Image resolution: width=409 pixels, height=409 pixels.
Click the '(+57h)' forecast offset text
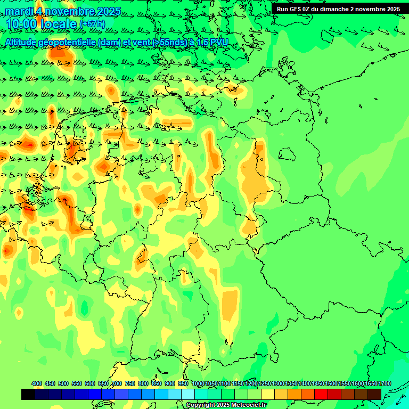tap(92, 24)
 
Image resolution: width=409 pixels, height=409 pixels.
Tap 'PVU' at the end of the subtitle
tap(218, 42)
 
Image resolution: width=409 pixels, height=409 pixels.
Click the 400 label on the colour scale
tap(37, 383)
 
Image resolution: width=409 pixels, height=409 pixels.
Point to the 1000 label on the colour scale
tap(198, 383)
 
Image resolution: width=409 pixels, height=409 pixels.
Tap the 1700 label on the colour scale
tap(385, 383)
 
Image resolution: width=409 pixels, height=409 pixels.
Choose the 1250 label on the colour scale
tap(265, 383)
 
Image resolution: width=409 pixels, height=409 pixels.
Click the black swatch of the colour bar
tap(28, 394)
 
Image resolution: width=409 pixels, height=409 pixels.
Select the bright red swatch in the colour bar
tap(321, 394)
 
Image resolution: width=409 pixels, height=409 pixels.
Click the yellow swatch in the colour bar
tap(268, 394)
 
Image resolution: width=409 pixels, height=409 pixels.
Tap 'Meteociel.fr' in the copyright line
tap(248, 405)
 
